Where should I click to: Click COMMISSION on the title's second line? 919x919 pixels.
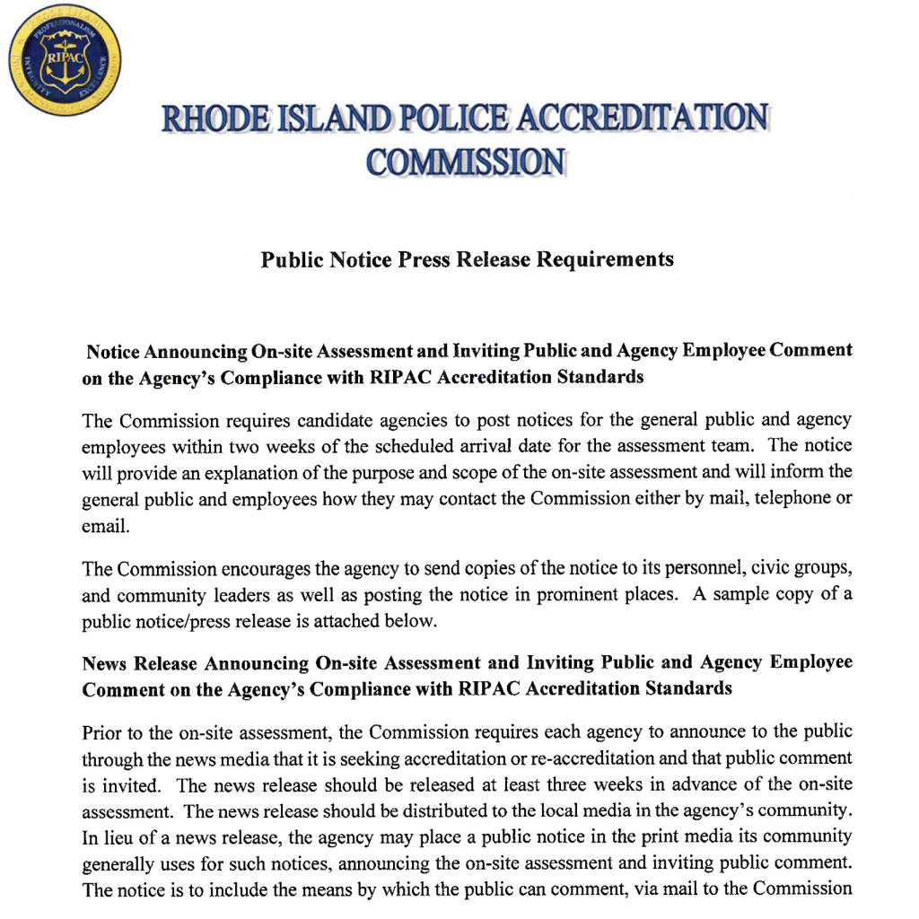pos(467,162)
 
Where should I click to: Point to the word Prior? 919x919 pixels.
pos(101,732)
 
